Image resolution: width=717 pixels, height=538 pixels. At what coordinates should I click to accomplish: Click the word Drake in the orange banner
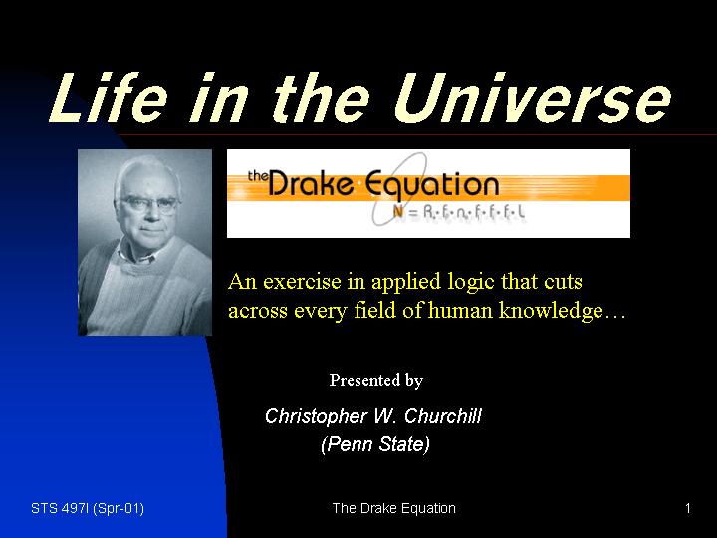coord(311,184)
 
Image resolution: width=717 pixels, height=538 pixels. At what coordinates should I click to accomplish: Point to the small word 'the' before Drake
coord(258,175)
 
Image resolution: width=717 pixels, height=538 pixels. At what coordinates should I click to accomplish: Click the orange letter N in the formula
coord(398,212)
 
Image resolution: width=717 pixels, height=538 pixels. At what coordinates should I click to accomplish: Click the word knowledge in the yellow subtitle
coord(551,311)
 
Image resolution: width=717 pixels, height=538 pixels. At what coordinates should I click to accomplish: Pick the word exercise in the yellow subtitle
coord(303,281)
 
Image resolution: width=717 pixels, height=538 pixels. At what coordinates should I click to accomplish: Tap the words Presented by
coord(375,381)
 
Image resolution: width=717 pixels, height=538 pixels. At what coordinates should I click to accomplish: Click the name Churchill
coord(442,416)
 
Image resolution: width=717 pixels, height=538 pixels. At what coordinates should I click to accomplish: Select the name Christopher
coord(317,417)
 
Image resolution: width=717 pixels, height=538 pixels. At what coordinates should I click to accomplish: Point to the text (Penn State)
coord(375,444)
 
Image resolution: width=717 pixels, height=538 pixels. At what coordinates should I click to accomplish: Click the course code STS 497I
coord(60,508)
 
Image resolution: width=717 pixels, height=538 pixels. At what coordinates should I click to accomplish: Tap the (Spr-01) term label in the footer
coord(119,509)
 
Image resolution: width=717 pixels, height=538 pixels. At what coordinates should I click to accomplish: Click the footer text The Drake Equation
coord(393,509)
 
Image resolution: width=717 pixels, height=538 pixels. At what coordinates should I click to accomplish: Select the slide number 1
coord(688,508)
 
